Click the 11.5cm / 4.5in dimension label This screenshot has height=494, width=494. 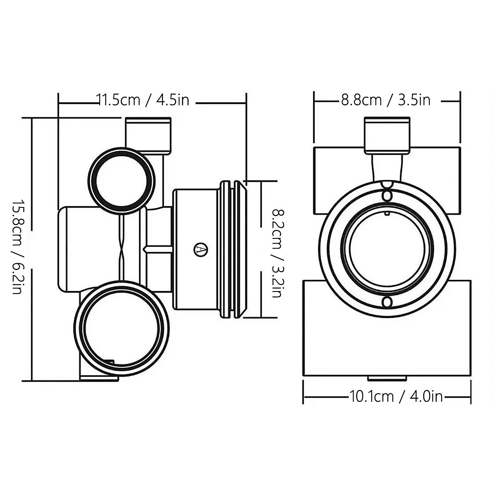tap(143, 100)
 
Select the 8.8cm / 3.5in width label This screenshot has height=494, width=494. tap(385, 100)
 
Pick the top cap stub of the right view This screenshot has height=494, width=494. tap(387, 133)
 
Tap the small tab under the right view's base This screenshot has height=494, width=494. tap(387, 378)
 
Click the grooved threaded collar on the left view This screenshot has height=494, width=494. tap(232, 249)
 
